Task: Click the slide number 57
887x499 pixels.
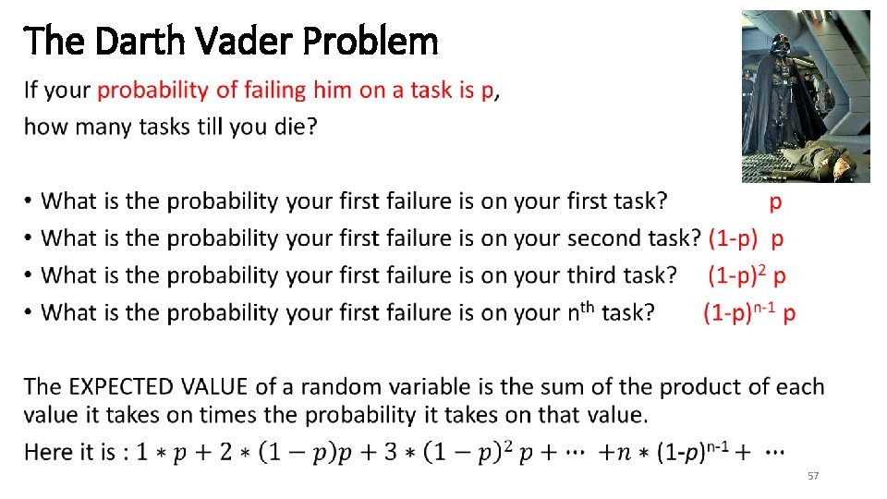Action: tap(813, 476)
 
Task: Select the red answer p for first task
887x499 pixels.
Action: tap(775, 201)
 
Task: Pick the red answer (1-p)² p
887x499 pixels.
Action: tap(747, 275)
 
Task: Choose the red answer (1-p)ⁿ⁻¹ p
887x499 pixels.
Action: tap(749, 313)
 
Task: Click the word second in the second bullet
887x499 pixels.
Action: tap(609, 238)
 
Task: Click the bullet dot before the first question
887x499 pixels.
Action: tap(30, 201)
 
